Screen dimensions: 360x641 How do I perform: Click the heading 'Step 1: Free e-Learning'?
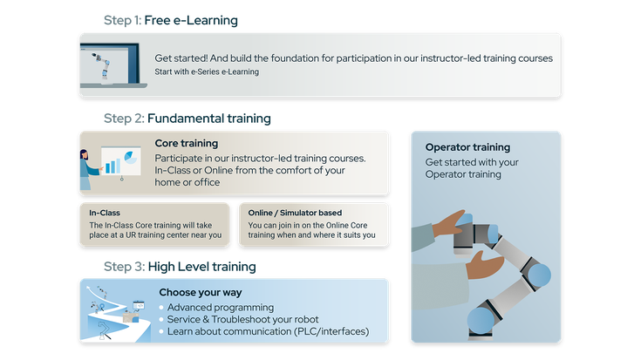pyautogui.click(x=170, y=19)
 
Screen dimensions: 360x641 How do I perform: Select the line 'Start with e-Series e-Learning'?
pyautogui.click(x=207, y=71)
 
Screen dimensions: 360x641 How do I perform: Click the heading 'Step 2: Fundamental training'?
pyautogui.click(x=187, y=118)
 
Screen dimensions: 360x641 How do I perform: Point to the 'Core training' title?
pyautogui.click(x=186, y=143)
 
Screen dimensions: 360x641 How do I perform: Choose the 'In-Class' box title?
pyautogui.click(x=105, y=213)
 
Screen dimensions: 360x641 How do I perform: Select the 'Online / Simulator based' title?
pyautogui.click(x=294, y=213)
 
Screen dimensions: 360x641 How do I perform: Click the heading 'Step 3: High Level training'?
pyautogui.click(x=179, y=266)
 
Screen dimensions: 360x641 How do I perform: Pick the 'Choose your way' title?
pyautogui.click(x=201, y=292)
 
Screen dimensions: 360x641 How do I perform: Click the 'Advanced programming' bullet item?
pyautogui.click(x=221, y=307)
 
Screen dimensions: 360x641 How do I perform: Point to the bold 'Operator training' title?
pyautogui.click(x=467, y=147)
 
